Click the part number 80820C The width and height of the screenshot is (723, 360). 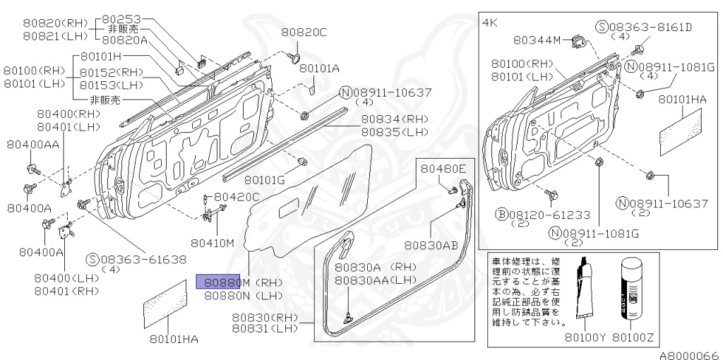click(304, 32)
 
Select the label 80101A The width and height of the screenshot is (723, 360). click(318, 68)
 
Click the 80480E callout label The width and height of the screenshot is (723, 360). click(444, 169)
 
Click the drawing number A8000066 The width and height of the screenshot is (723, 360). click(689, 354)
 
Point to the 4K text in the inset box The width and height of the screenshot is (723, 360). click(490, 23)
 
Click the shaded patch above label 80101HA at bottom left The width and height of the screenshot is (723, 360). click(169, 304)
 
